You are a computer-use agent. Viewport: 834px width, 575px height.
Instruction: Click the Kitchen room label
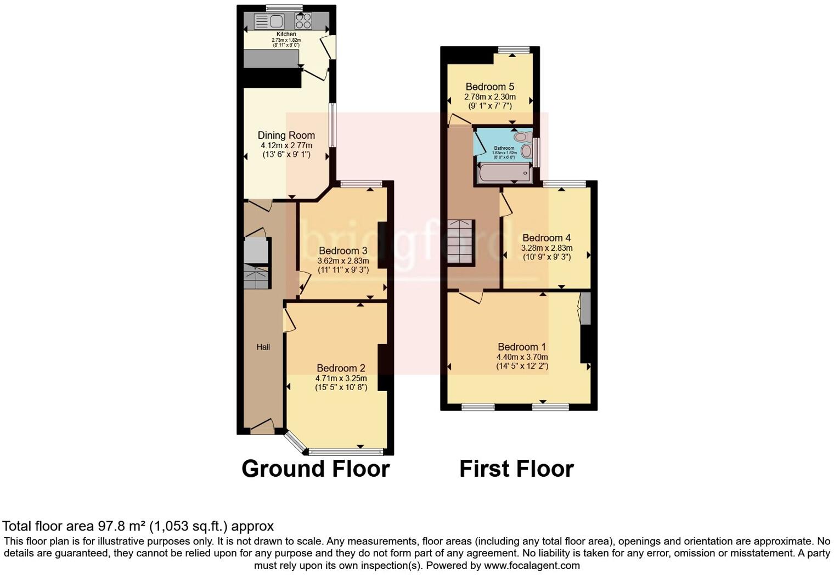click(286, 34)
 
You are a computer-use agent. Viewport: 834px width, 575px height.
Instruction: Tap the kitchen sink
click(269, 21)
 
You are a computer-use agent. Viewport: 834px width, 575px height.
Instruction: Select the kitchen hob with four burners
click(303, 21)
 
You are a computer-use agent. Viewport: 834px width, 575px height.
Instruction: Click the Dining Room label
click(286, 136)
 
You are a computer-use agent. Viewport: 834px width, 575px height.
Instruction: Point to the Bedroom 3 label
click(343, 251)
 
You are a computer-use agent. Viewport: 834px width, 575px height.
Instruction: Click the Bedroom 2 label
click(341, 368)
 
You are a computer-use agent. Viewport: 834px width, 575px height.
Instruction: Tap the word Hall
click(263, 347)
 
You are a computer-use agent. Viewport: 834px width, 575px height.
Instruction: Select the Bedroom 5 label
click(490, 87)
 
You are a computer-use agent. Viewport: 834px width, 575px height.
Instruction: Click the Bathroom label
click(504, 148)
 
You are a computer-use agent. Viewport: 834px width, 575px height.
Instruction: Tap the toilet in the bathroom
click(524, 136)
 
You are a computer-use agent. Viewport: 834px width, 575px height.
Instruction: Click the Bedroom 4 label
click(546, 238)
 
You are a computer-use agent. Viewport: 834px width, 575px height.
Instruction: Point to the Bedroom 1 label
click(522, 347)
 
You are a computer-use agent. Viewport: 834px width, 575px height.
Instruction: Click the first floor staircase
click(460, 242)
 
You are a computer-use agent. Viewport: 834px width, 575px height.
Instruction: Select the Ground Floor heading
click(315, 469)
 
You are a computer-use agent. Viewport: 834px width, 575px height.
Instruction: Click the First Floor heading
click(516, 469)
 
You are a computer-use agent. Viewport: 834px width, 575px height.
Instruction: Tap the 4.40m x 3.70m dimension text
click(522, 357)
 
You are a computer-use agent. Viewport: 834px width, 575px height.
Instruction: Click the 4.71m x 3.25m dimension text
click(341, 378)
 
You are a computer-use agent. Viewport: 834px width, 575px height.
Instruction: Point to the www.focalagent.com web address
click(532, 565)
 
